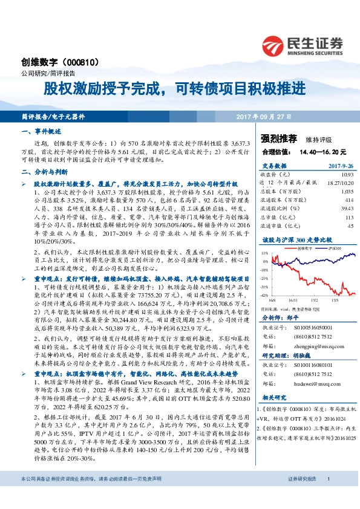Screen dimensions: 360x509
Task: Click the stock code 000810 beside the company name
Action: [x=87, y=62]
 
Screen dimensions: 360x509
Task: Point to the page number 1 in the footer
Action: [x=328, y=496]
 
